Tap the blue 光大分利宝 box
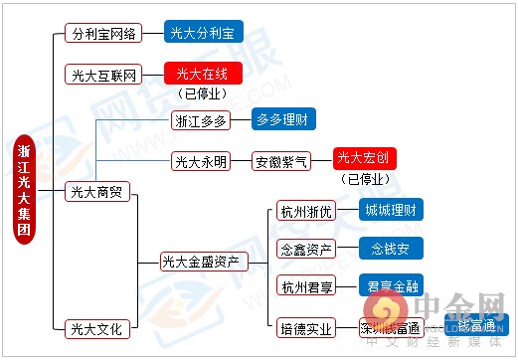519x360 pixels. click(205, 32)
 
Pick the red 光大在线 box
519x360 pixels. click(203, 73)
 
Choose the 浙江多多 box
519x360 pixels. click(201, 120)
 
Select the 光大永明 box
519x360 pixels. click(201, 160)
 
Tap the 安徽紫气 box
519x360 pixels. click(282, 160)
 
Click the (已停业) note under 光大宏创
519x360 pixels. click(365, 180)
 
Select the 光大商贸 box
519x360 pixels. click(95, 191)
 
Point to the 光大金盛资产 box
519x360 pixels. click(201, 263)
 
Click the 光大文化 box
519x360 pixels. click(95, 327)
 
